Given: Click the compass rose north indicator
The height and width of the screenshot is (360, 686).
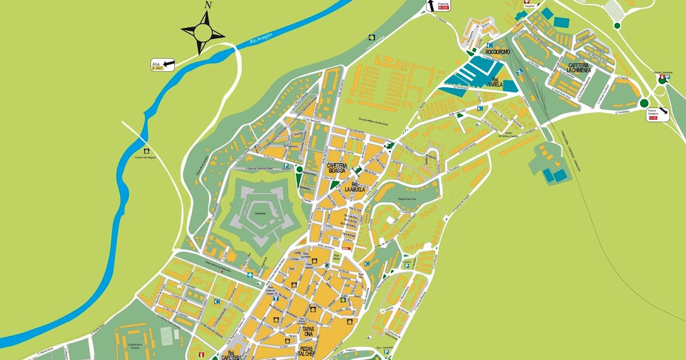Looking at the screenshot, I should tap(208, 6).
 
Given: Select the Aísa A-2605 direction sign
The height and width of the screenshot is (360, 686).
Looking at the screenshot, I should tap(163, 65).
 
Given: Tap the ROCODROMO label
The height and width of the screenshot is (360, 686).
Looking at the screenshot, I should tap(497, 52).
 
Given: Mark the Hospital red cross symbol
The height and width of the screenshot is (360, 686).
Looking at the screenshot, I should tap(527, 2).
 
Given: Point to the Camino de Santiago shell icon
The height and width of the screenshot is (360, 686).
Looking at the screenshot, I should tap(371, 35).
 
